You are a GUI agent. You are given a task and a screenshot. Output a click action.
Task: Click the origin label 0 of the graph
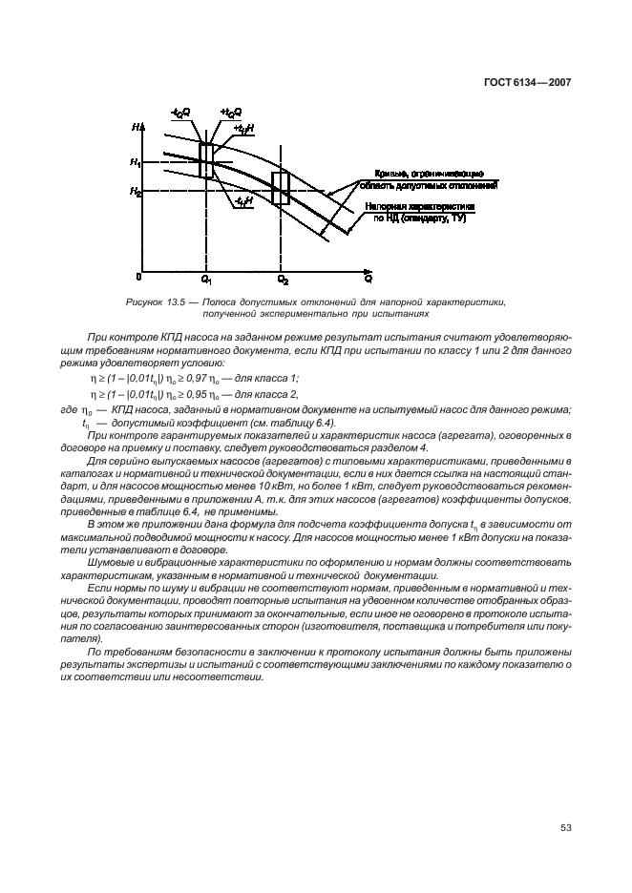click(x=139, y=277)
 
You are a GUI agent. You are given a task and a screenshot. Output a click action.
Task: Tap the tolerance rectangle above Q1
click(x=207, y=160)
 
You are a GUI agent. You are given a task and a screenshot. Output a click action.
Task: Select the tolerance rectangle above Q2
click(x=281, y=188)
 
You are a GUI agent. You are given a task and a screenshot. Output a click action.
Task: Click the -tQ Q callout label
click(x=180, y=114)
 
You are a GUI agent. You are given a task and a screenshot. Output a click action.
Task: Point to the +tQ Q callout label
click(x=230, y=114)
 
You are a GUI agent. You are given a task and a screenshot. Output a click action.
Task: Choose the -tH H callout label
click(x=242, y=203)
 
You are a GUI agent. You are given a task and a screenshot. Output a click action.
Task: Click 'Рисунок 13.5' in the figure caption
click(x=155, y=301)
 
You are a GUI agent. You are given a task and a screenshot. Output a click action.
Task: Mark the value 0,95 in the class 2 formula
click(x=220, y=394)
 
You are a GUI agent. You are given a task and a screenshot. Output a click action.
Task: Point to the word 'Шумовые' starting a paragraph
click(x=112, y=563)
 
